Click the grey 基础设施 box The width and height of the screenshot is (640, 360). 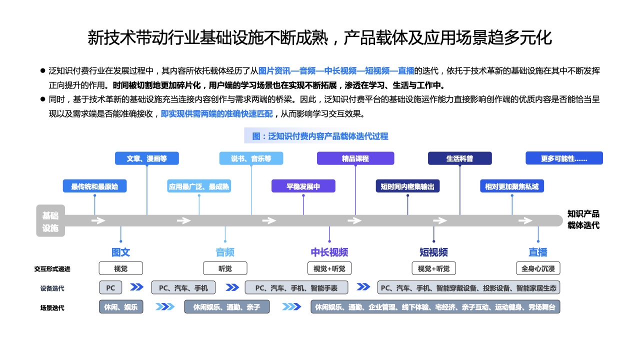coord(50,220)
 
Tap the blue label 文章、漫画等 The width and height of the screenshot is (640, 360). coord(146,158)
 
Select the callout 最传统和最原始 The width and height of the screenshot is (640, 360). coord(94,186)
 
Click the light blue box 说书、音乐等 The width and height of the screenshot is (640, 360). coord(251,158)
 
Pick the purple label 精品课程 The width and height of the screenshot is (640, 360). coord(355,158)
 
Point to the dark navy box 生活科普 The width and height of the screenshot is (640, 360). coord(459,158)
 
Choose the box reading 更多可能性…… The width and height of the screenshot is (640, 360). coord(564,158)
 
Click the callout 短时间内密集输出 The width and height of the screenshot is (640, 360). coord(407,186)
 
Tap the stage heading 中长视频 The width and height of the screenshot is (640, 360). coord(329,252)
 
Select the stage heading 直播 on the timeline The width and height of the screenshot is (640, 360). coord(538,252)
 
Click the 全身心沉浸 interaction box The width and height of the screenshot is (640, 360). coord(538,268)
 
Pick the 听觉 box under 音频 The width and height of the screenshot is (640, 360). coord(225,268)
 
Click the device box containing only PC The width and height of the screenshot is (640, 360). coord(110,287)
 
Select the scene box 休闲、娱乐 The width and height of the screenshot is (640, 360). coord(121,306)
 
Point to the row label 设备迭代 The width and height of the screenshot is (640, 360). coord(52,288)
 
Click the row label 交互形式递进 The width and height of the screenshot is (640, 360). coord(52,269)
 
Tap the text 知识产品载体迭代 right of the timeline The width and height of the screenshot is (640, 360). coord(583,219)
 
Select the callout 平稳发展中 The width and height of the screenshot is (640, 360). coord(303,186)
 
